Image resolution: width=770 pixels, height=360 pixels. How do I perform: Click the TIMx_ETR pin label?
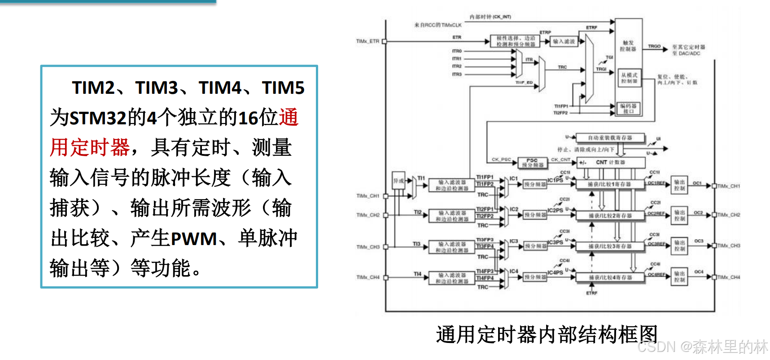point(367,41)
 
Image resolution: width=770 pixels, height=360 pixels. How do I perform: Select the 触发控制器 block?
point(628,46)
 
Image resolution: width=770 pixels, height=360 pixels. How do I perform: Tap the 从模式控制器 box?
point(629,78)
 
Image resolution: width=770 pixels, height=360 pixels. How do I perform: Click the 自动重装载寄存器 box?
point(610,138)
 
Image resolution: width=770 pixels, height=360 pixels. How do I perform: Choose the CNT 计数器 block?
point(610,162)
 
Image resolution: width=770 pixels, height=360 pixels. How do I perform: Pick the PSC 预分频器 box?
point(533,162)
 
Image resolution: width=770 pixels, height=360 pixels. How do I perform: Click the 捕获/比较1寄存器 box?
point(609,184)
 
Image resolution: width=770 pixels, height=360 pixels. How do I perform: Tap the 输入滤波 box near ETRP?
point(564,41)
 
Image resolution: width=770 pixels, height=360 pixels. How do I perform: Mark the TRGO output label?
point(654,46)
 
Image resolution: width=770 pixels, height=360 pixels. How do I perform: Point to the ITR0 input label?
point(457,51)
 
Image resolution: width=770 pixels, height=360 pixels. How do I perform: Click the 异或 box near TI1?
point(398,181)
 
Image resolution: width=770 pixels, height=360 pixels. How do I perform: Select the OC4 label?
point(699,272)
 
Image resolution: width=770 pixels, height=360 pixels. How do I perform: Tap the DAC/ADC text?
point(690,53)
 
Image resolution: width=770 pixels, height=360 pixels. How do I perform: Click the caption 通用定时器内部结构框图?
point(547,335)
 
